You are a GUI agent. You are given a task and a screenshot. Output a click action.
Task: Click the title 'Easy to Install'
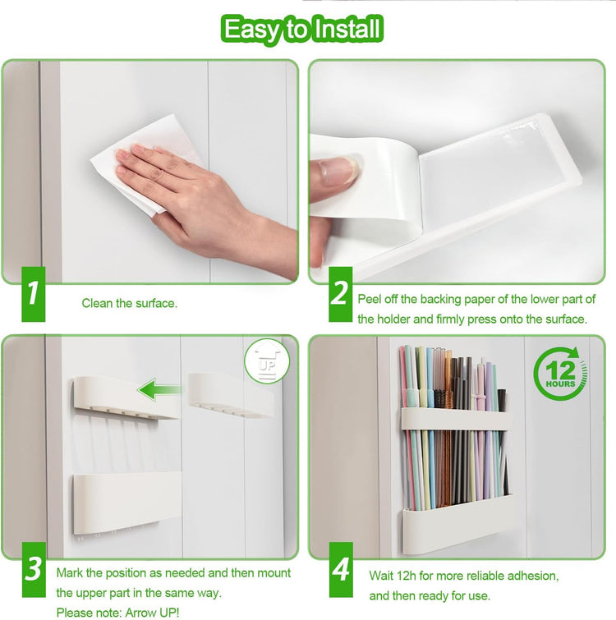tap(303, 30)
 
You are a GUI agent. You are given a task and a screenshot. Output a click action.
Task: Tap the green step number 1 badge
tap(32, 293)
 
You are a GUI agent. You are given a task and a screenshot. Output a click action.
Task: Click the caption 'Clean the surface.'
tap(129, 304)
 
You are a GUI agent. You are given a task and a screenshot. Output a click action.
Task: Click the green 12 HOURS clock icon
tap(560, 374)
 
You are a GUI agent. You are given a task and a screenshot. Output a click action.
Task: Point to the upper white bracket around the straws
tap(456, 419)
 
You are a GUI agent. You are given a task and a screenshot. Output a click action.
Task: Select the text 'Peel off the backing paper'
tap(427, 299)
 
